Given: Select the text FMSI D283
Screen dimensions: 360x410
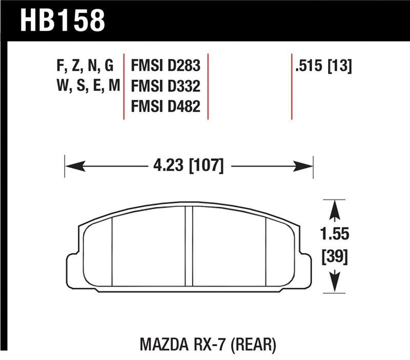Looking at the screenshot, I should (x=166, y=67).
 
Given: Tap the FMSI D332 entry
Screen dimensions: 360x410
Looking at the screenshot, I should (x=166, y=86).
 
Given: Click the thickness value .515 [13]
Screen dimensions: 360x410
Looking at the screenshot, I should (x=322, y=67).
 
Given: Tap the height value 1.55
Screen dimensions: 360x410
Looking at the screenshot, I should (x=335, y=234).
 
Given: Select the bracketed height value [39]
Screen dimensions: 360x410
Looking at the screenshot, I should (x=335, y=257).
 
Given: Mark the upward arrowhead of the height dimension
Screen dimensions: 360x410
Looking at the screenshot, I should (x=335, y=208).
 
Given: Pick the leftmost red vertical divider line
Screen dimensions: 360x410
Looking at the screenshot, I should (x=124, y=86).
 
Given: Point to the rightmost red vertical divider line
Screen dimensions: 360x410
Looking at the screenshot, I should (x=292, y=86).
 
